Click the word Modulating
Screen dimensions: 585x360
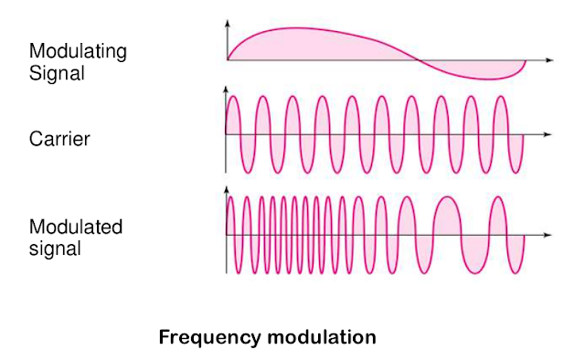[x=78, y=51]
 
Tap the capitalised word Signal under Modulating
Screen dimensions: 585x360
[x=57, y=73]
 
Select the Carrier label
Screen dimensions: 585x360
[x=59, y=139]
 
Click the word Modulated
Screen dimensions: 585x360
[x=76, y=227]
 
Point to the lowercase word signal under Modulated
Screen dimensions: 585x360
[x=55, y=249]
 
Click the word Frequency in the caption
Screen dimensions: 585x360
[x=210, y=338]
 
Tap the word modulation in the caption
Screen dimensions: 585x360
[x=322, y=337]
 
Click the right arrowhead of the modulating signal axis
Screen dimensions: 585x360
[x=550, y=60]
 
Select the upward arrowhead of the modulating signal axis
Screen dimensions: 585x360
[x=228, y=24]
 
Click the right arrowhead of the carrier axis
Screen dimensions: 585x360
[x=548, y=134]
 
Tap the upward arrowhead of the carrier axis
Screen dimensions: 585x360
[x=226, y=90]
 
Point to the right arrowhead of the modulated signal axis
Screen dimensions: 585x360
[x=548, y=235]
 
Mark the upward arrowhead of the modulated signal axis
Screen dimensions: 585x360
[x=226, y=190]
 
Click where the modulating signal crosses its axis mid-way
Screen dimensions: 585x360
[x=417, y=60]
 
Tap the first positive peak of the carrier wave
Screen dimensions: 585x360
[x=232, y=97]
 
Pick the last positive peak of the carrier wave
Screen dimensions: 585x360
[x=501, y=97]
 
